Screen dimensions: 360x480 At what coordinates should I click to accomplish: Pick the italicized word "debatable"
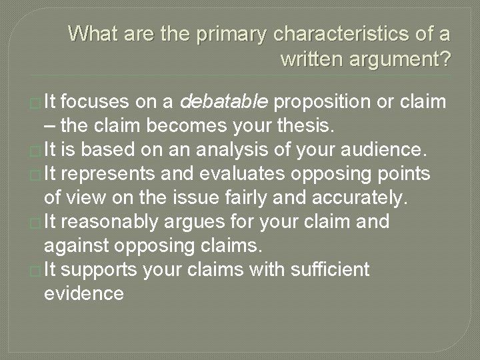(224, 101)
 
